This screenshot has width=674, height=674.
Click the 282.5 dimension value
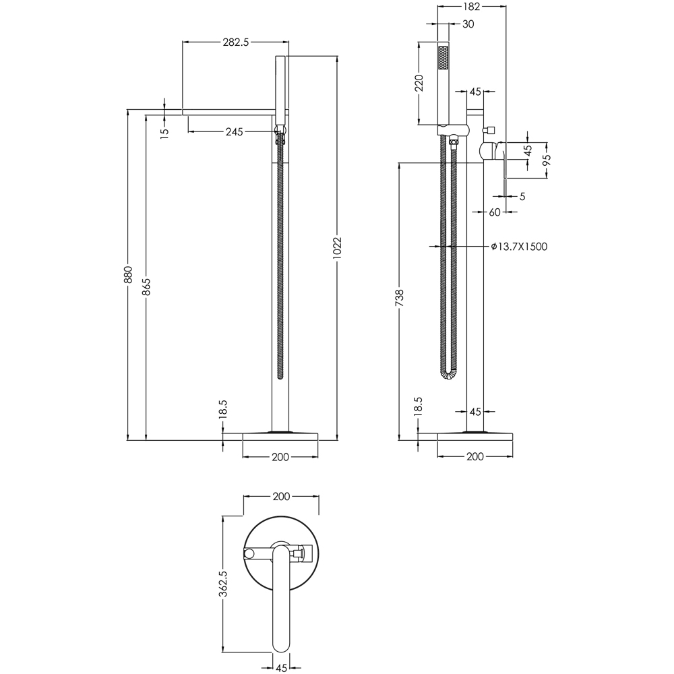click(236, 42)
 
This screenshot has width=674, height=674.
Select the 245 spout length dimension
click(234, 131)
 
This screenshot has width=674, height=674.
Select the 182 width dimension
click(471, 7)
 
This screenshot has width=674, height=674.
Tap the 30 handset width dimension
click(468, 24)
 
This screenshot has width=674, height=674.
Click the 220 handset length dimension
click(419, 84)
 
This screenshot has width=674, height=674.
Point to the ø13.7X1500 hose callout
click(518, 247)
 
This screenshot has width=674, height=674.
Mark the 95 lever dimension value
click(547, 160)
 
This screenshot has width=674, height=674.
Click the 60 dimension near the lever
click(494, 212)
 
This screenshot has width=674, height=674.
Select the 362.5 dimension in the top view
click(224, 583)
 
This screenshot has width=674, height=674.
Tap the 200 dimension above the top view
click(280, 497)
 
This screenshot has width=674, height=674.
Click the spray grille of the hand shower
click(443, 58)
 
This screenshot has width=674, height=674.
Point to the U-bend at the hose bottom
click(450, 375)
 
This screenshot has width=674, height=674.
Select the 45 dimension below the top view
click(280, 669)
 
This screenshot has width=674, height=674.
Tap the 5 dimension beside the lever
click(522, 197)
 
